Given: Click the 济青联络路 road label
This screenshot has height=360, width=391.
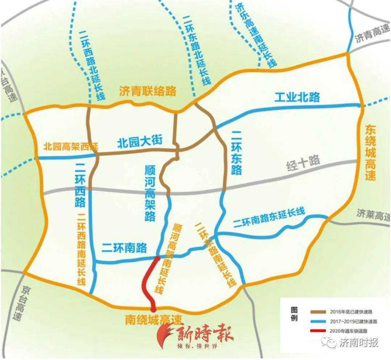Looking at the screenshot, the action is [147, 91].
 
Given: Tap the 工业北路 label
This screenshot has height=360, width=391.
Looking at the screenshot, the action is [297, 97].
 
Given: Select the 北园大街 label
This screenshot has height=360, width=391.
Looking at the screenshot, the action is [140, 141].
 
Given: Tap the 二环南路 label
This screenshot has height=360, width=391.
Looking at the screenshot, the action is [124, 248].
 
